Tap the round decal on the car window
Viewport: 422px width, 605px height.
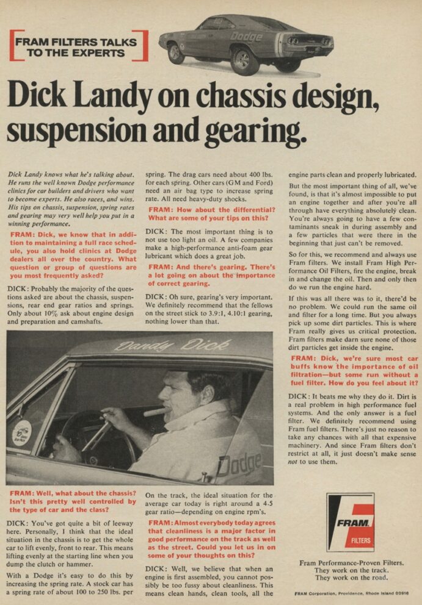coord(23,433)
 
